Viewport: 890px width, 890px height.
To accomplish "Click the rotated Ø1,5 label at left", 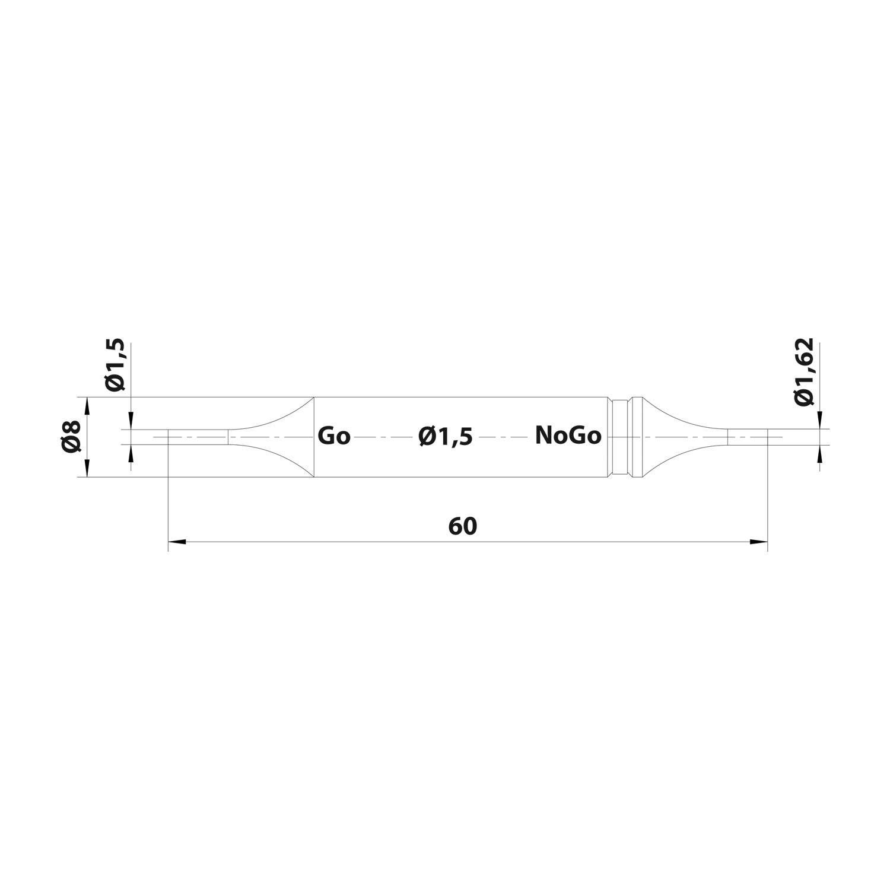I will point(115,365).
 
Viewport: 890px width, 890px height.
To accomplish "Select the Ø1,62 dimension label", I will point(805,372).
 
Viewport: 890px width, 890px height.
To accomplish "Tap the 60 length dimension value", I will point(463,526).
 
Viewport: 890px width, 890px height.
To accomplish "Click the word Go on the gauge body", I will point(334,436).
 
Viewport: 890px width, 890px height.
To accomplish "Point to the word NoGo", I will point(568,436).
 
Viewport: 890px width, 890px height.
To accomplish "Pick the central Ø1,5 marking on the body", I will point(445,437).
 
